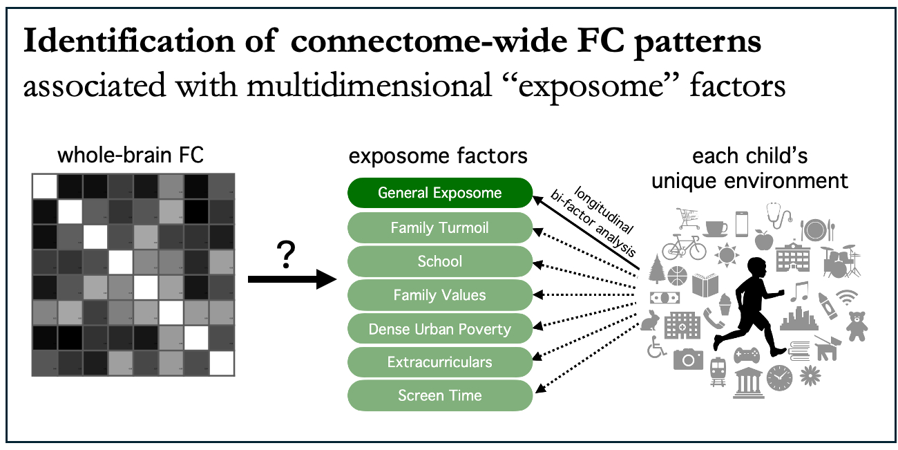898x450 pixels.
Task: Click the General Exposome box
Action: pyautogui.click(x=439, y=193)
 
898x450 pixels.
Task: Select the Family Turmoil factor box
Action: pyautogui.click(x=439, y=227)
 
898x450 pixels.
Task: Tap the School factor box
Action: pyautogui.click(x=439, y=261)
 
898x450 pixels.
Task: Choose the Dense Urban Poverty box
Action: pyautogui.click(x=439, y=329)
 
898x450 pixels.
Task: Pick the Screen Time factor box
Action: pyautogui.click(x=439, y=396)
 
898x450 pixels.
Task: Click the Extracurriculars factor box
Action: pyautogui.click(x=439, y=362)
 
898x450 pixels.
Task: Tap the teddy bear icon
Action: pyautogui.click(x=857, y=325)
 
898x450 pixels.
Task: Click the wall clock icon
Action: pyautogui.click(x=779, y=378)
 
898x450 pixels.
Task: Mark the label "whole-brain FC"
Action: pyautogui.click(x=131, y=156)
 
